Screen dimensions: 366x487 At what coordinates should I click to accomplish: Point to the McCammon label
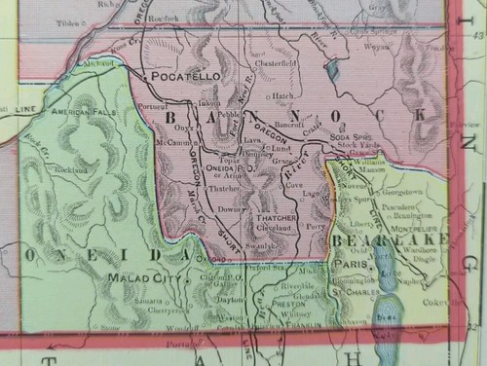click(170, 142)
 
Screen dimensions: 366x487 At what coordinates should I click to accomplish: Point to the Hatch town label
click(283, 96)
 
